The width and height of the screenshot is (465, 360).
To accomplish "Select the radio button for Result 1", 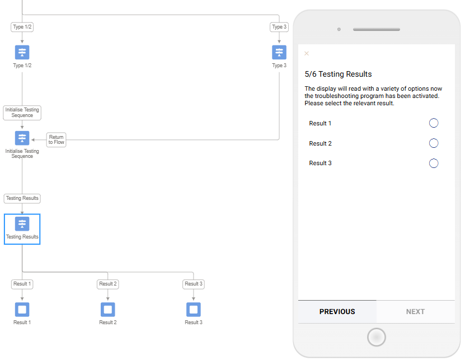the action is pos(434,123).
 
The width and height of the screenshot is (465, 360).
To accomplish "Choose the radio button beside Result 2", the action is pos(434,143).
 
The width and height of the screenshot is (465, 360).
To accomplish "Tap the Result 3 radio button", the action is pos(434,163).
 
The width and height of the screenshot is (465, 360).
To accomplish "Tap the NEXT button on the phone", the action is pos(415,312).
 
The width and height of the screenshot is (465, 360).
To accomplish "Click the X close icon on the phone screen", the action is pos(307,53).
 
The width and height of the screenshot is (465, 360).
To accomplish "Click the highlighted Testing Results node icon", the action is pos(22,224).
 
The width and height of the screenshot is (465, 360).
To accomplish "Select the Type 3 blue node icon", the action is pos(279,53).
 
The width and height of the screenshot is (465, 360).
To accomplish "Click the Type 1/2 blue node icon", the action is pos(22,53).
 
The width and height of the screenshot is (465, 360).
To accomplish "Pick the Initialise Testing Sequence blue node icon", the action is pos(22,138).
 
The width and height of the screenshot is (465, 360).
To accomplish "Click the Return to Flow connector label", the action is pos(57,140).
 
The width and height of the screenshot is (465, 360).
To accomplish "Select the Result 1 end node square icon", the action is pos(22,310).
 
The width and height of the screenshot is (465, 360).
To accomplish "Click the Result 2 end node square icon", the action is pos(108,310).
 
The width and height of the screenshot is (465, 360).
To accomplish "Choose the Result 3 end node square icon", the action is pos(194,310).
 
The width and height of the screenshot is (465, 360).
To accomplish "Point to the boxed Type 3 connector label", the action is pos(279,27).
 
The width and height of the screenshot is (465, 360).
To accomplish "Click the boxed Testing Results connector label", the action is pos(22,198).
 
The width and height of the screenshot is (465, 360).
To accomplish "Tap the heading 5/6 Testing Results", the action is pos(338,74).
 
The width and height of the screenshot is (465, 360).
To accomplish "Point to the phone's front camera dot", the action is pos(339,29).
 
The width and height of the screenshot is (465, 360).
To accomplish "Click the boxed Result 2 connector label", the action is pos(108,284).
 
